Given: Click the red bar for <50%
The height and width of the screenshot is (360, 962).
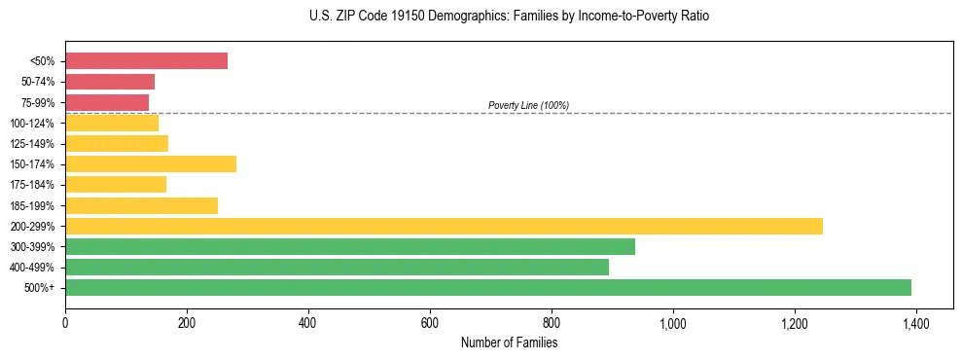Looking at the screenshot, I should tap(146, 61).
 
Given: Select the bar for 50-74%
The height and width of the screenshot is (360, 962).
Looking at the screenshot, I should tap(110, 82).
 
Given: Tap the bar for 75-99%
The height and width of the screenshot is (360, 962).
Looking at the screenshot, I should tap(107, 102).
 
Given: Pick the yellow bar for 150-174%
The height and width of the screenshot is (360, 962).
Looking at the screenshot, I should tap(151, 163).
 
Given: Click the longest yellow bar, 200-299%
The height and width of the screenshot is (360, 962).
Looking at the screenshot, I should tap(444, 226).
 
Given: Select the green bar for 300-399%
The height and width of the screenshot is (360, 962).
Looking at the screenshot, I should tap(350, 246).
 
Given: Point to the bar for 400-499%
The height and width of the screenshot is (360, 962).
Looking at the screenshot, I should tap(337, 267).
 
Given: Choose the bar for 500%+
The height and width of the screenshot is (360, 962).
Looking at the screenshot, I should tap(488, 287).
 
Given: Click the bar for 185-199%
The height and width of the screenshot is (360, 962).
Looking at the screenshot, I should tap(141, 205).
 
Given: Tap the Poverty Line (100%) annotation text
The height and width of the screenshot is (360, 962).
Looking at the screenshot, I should tap(528, 105).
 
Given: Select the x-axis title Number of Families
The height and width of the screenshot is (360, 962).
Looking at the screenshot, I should tap(509, 342).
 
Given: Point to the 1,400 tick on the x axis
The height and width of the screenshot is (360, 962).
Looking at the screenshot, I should tap(915, 323).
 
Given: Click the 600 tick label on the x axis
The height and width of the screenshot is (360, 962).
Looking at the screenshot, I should tap(430, 323).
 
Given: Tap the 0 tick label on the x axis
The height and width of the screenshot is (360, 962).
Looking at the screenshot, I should tap(65, 323).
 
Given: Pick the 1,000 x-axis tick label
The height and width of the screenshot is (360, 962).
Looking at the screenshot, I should tap(672, 323).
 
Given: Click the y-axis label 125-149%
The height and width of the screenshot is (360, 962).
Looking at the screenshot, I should tap(32, 144).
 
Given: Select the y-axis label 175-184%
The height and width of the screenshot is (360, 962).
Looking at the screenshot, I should tap(32, 185).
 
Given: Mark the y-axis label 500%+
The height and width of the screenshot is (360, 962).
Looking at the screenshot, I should tap(40, 288).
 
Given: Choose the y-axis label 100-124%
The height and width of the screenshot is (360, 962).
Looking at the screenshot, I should tap(32, 124).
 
